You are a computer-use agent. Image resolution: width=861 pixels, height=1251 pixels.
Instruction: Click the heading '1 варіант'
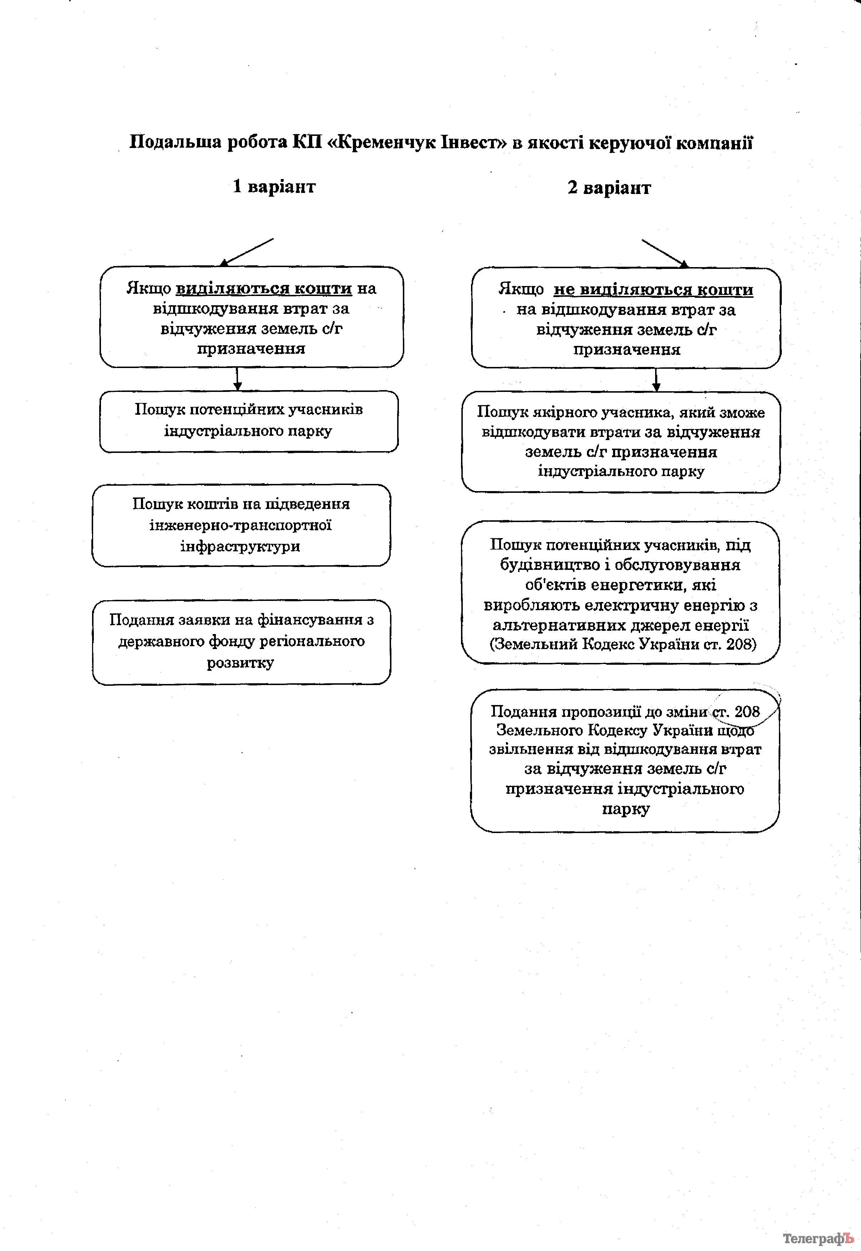tap(274, 187)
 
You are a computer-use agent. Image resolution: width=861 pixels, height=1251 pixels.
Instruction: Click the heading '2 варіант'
tap(609, 188)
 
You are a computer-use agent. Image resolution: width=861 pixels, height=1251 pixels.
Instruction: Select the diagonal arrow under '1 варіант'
tap(248, 252)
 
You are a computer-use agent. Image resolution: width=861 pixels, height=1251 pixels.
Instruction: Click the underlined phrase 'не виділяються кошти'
tap(653, 290)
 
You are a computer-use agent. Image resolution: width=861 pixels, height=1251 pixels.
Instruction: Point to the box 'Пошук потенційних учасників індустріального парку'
tap(249, 421)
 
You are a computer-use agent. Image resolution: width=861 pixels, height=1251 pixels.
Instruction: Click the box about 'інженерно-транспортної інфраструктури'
tap(241, 525)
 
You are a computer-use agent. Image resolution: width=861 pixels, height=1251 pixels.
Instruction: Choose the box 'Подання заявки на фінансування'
tap(241, 642)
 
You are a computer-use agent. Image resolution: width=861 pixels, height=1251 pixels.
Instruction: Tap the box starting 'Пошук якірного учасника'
tap(621, 441)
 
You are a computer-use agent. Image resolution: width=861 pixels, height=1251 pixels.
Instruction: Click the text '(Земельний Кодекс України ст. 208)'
tap(623, 644)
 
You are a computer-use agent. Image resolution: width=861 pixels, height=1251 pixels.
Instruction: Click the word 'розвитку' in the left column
tap(240, 663)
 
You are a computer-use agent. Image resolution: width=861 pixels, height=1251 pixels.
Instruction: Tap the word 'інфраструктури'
tap(240, 546)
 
